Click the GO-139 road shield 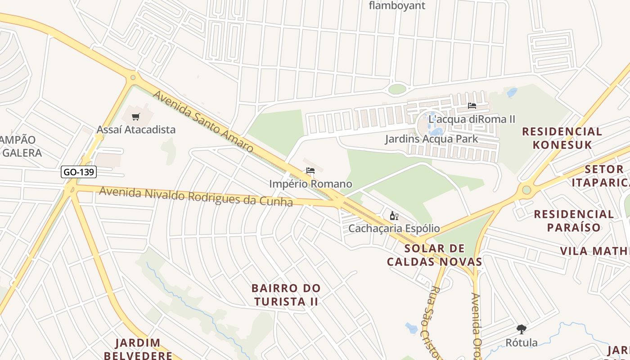(x=79, y=172)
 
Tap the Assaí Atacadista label (x=136, y=130)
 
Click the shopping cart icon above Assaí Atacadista (x=136, y=117)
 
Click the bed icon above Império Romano (x=310, y=171)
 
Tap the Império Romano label (x=310, y=184)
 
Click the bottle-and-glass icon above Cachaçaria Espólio (x=394, y=216)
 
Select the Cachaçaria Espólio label (x=394, y=229)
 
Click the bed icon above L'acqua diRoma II (x=472, y=106)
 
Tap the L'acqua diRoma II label (x=472, y=119)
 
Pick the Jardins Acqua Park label (x=432, y=139)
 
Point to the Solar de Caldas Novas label (x=434, y=255)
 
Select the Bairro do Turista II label (x=286, y=295)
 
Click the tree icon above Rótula (x=522, y=329)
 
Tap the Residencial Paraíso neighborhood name (x=574, y=220)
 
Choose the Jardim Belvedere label (x=138, y=349)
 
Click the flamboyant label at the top (x=397, y=6)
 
